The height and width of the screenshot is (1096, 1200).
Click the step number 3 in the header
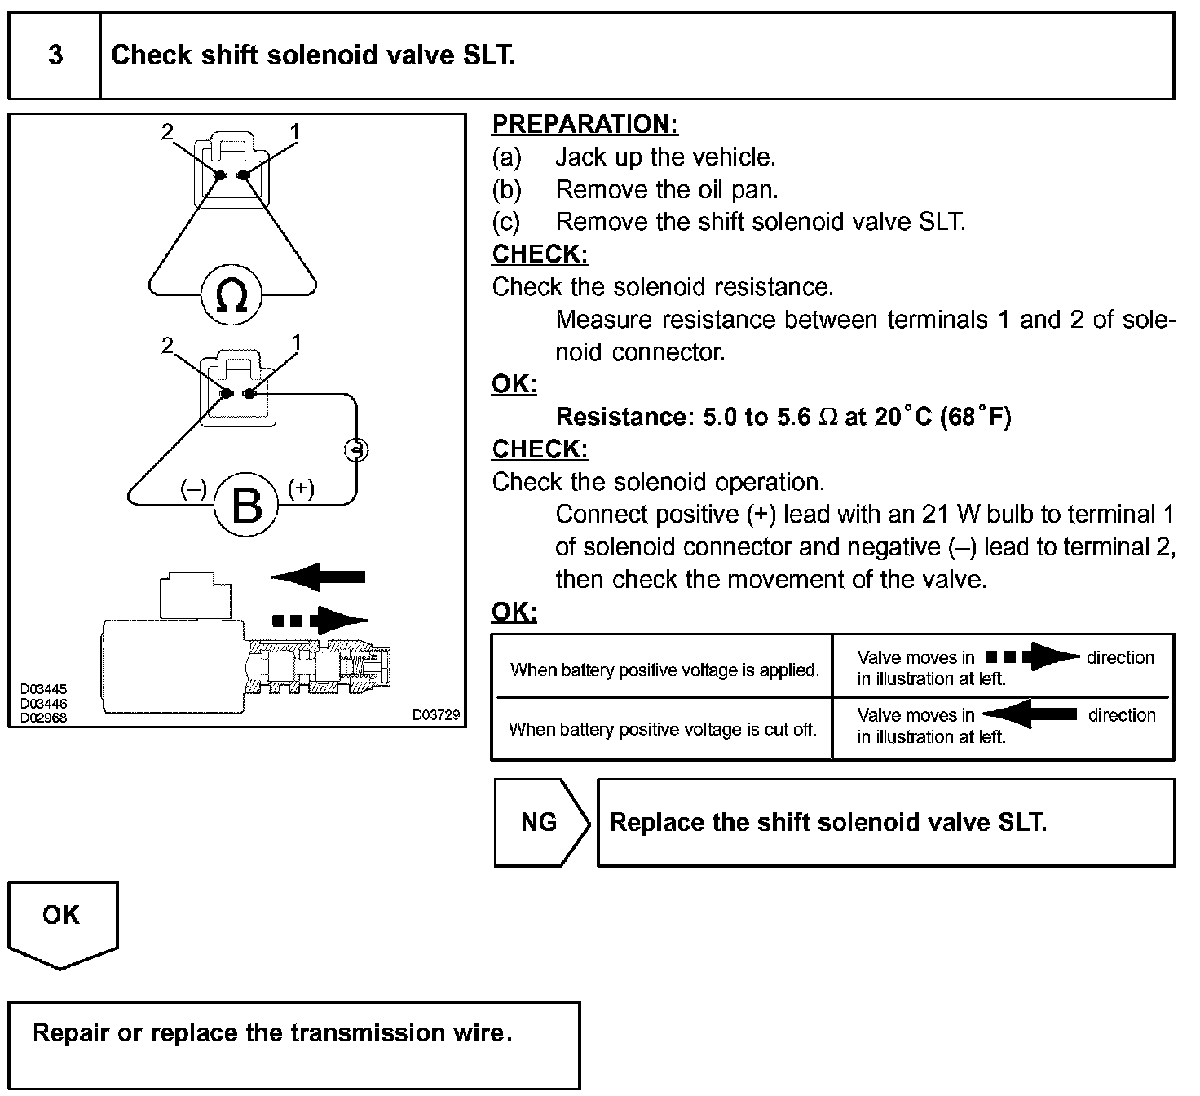click(55, 55)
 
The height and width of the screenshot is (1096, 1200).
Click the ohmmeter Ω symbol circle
click(232, 295)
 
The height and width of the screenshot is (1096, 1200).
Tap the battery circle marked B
click(246, 504)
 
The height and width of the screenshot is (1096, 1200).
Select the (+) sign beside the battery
click(301, 488)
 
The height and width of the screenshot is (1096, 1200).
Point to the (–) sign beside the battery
click(193, 488)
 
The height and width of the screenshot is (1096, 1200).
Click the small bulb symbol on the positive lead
click(356, 449)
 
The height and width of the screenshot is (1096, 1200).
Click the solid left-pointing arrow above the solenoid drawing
click(319, 577)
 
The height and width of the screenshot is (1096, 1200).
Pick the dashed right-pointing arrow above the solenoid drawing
click(319, 620)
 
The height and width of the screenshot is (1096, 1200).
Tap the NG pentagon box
click(540, 822)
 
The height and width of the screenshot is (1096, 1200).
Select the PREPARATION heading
click(585, 124)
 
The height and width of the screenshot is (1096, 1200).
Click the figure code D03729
click(436, 715)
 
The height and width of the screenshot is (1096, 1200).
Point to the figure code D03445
click(44, 690)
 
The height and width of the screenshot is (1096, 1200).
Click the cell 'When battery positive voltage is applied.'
click(664, 670)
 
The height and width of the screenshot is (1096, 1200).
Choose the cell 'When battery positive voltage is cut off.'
click(662, 729)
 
